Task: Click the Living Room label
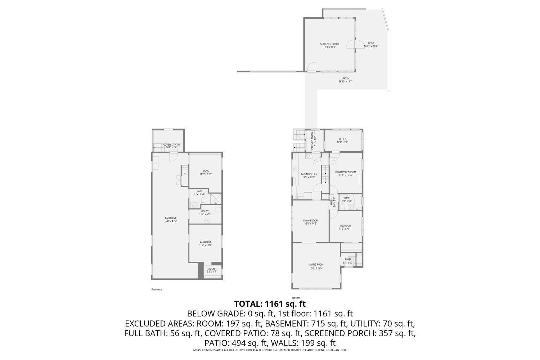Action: (316, 266)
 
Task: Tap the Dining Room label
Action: (310, 222)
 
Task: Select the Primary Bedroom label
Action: (346, 174)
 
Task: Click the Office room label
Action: (342, 140)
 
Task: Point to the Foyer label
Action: (348, 261)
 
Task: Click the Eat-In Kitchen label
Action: (309, 175)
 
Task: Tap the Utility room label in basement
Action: (205, 213)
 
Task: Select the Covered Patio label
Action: (171, 146)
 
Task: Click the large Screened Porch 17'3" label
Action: (329, 45)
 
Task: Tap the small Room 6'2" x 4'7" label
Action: (212, 270)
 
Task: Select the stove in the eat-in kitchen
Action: (308, 156)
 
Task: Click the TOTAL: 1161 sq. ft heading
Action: (270, 304)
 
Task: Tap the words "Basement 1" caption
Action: (157, 289)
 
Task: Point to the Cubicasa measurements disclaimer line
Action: (270, 350)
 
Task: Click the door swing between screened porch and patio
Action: (350, 44)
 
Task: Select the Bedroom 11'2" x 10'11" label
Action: (345, 227)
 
